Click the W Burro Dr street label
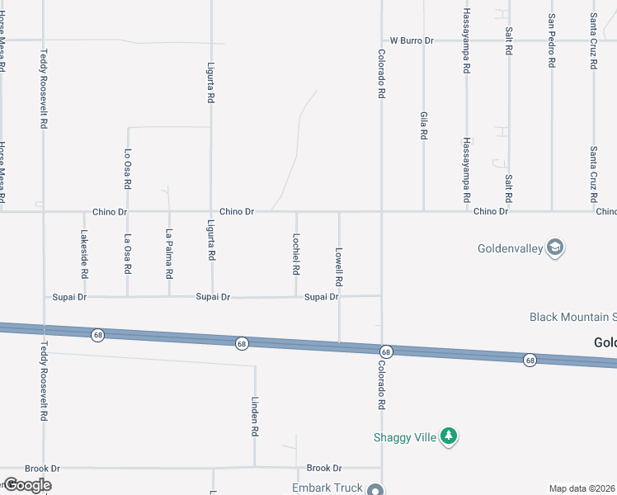point(412,40)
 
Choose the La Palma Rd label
point(169,253)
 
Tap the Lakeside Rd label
point(83,253)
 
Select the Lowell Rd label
point(338,266)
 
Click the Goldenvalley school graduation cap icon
point(556,247)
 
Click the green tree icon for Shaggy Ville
point(449,436)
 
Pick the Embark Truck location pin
point(376,488)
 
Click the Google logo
point(27,485)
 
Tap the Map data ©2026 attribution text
point(582,488)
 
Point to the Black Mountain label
point(572,317)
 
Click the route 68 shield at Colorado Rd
point(386,351)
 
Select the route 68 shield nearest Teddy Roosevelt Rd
point(97,335)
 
